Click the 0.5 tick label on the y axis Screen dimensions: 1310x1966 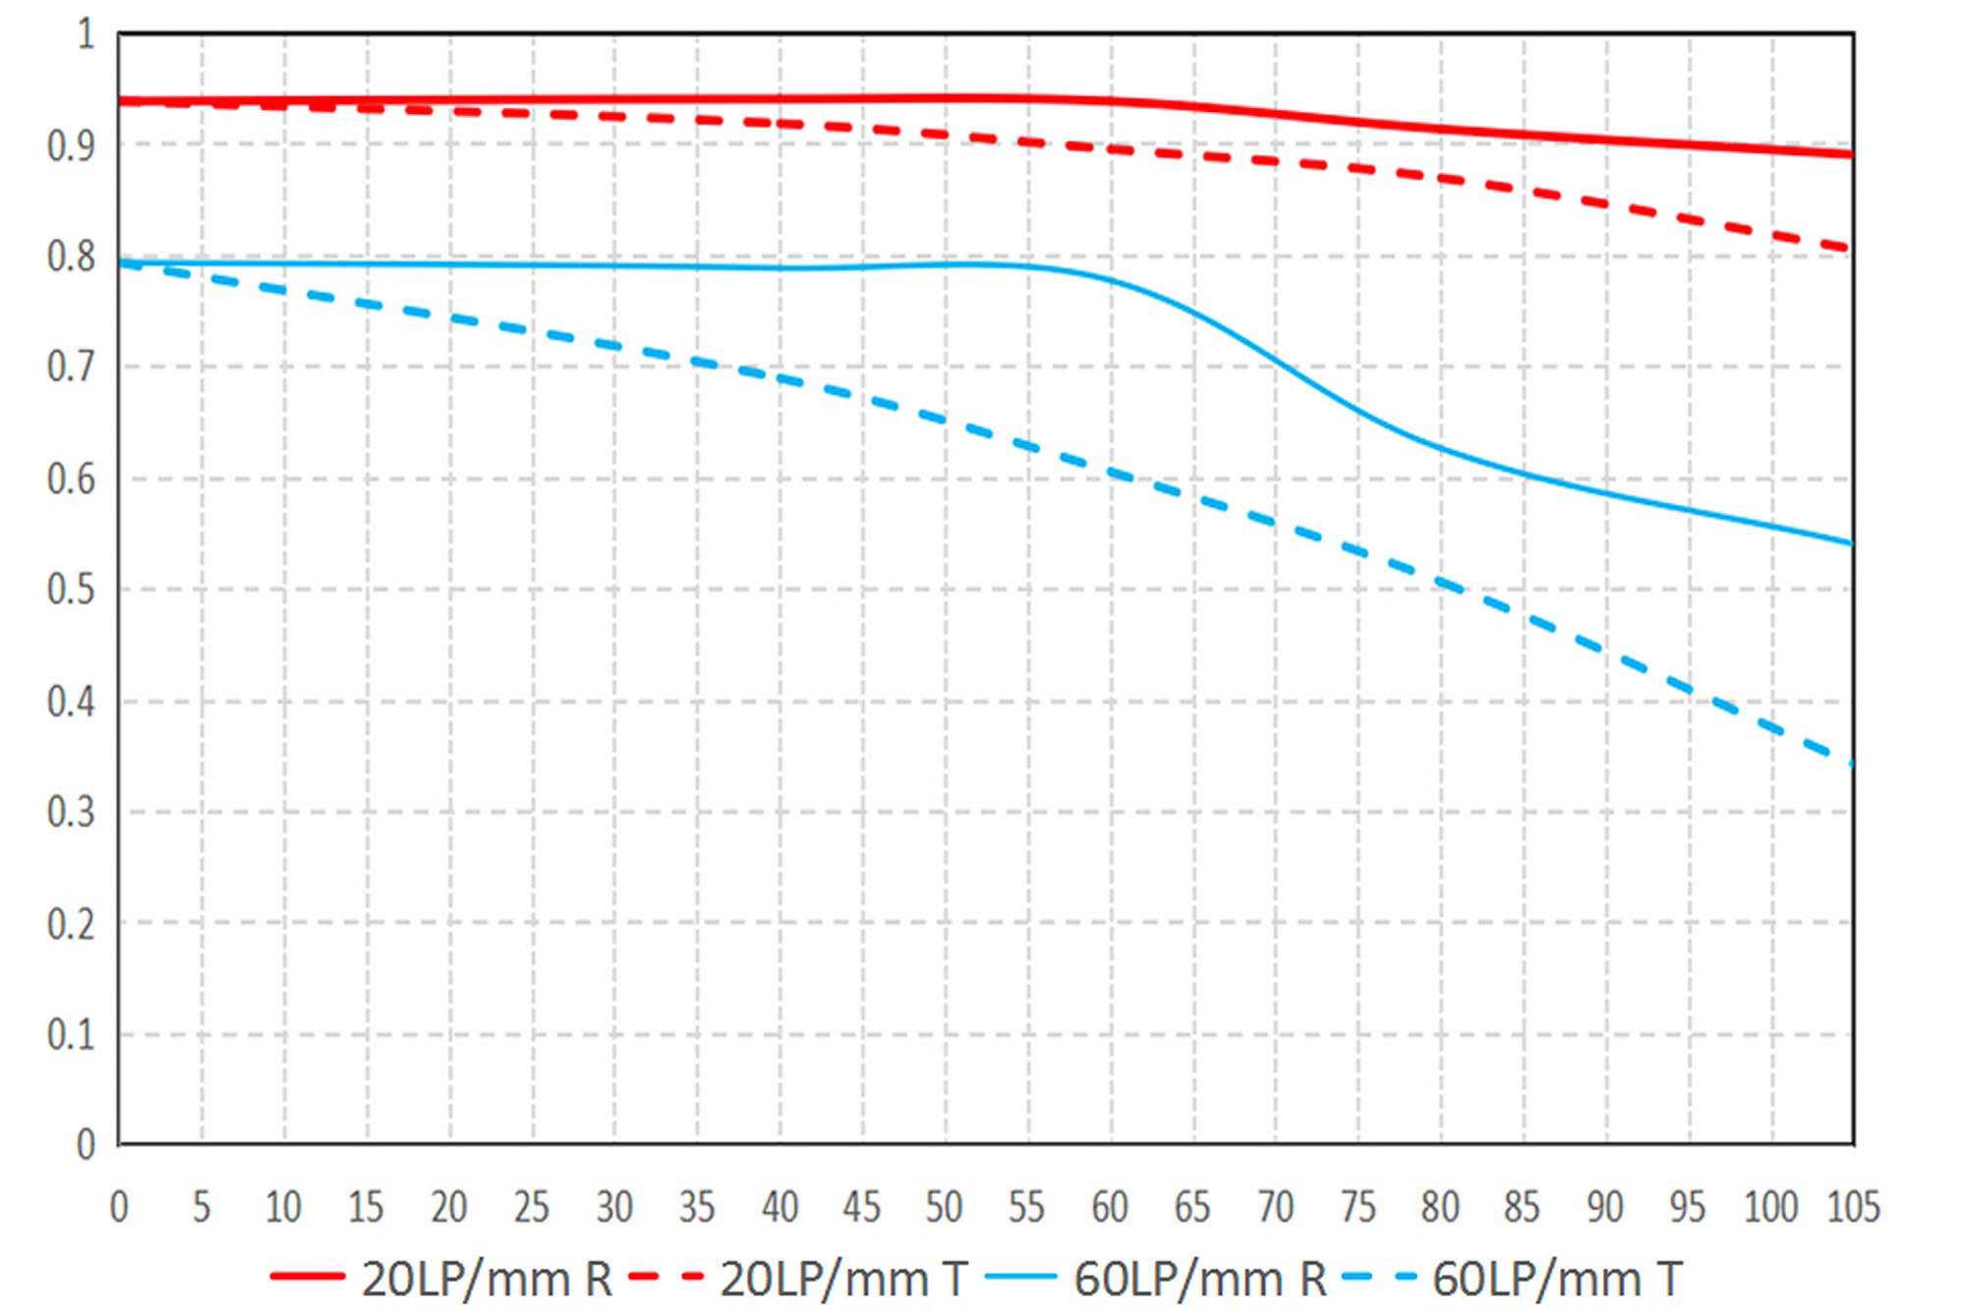(71, 590)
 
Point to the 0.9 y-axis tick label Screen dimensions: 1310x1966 (71, 145)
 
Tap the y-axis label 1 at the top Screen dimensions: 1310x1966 (87, 34)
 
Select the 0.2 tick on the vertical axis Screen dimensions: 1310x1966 (71, 924)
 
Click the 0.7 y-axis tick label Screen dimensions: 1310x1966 (71, 368)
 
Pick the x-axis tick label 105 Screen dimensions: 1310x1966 (1853, 1207)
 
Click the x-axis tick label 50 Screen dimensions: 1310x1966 (944, 1207)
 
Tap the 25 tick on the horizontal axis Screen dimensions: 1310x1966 (532, 1207)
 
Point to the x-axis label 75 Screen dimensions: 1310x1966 (1358, 1207)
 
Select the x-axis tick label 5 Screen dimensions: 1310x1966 (202, 1207)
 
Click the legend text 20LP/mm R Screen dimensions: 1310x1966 (488, 1279)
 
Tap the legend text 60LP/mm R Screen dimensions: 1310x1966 (1200, 1279)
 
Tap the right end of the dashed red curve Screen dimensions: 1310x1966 (1850, 248)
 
